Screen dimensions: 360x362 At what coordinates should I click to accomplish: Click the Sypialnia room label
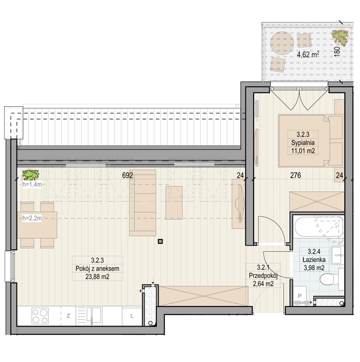tap(303, 143)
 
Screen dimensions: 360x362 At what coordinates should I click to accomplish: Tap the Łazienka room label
tap(314, 260)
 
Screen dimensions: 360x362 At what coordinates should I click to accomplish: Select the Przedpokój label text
tap(263, 276)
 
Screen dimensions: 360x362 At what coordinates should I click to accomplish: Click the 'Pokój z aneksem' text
tap(97, 268)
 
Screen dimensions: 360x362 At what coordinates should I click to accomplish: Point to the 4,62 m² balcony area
tap(308, 55)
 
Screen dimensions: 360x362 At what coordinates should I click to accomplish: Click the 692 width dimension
tap(127, 175)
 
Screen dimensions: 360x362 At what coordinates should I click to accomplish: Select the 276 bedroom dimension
tap(296, 175)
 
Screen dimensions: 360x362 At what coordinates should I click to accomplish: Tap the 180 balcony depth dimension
tap(337, 50)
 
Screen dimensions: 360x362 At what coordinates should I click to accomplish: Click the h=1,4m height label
tap(32, 184)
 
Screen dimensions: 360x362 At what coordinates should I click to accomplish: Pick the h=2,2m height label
tap(32, 218)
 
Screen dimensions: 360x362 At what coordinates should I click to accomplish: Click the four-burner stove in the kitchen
tap(40, 316)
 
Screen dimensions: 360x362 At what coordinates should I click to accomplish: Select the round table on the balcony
tap(282, 43)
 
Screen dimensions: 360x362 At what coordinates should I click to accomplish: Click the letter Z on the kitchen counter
tap(68, 316)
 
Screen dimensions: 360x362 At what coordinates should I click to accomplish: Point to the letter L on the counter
tap(132, 316)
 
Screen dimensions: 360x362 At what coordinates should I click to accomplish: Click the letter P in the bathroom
tap(300, 295)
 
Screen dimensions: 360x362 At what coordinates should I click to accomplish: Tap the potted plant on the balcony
tap(340, 38)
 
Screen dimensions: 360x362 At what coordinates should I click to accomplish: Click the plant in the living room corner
tap(30, 175)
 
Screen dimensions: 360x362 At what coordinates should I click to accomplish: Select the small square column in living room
tap(160, 242)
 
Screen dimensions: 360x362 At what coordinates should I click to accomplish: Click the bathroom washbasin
tap(337, 255)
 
